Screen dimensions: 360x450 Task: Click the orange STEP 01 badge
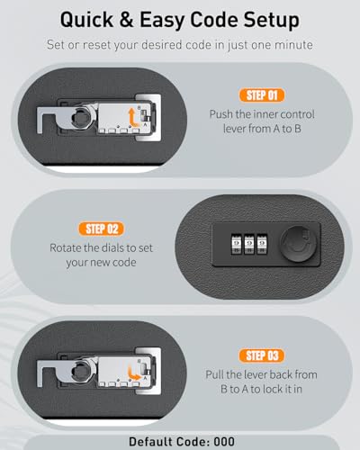[x=262, y=95]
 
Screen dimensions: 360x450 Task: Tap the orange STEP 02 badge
[x=102, y=229]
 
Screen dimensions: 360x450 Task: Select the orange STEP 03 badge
[x=262, y=355]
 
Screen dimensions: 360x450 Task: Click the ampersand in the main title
[x=126, y=20]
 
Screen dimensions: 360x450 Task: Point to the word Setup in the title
[x=271, y=21]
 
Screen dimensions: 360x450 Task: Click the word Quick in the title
[x=86, y=20]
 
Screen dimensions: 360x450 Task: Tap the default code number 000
[x=224, y=442]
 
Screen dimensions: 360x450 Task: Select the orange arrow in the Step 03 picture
[x=132, y=373]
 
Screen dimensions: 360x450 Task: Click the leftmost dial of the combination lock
[x=237, y=244]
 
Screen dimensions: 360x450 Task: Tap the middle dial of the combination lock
[x=249, y=244]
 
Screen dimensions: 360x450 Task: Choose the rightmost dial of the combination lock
[x=262, y=244]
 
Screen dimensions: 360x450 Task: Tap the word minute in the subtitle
[x=293, y=45]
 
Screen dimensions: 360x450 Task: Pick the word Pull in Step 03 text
[x=215, y=374]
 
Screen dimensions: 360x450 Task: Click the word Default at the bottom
[x=150, y=442]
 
